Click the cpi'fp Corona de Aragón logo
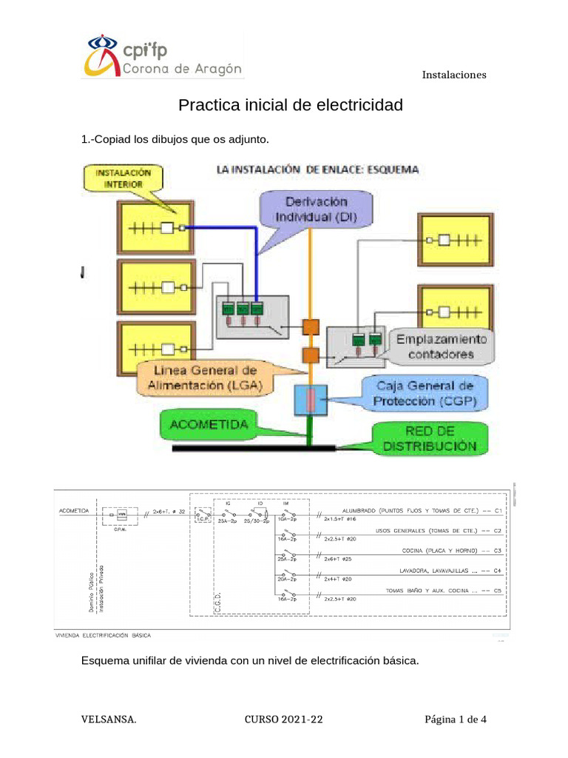click(x=162, y=56)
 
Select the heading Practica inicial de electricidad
click(x=291, y=105)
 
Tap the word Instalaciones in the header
click(x=453, y=75)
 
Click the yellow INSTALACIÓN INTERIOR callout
click(x=124, y=178)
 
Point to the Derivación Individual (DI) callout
click(x=316, y=209)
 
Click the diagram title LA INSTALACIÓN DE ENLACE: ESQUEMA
click(x=317, y=170)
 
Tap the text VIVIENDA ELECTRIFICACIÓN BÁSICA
click(x=104, y=634)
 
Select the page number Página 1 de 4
click(x=455, y=719)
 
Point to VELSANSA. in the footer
click(x=108, y=719)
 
